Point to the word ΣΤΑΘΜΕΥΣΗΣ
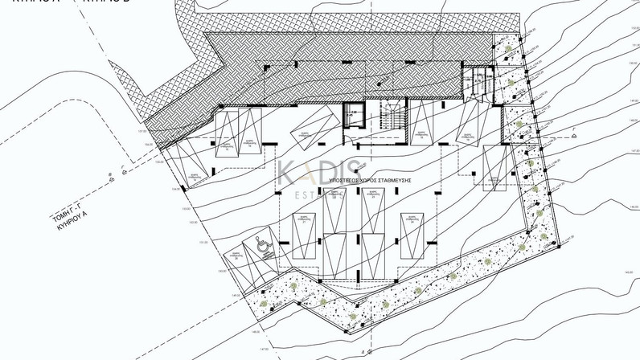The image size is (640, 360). coord(396,181)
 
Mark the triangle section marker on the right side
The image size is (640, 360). coord(576,137)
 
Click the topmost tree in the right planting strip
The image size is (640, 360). coord(507,51)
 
